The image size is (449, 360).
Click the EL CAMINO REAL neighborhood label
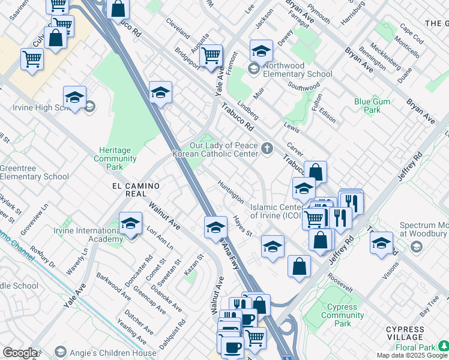pyautogui.click(x=130, y=190)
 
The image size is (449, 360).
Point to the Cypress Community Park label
pyautogui.click(x=343, y=315)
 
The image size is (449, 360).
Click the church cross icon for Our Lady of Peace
pyautogui.click(x=267, y=148)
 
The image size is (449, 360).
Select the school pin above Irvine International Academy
pyautogui.click(x=130, y=224)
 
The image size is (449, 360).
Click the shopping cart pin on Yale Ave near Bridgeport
pyautogui.click(x=211, y=56)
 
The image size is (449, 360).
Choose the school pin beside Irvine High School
pyautogui.click(x=74, y=98)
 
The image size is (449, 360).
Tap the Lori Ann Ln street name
pyautogui.click(x=160, y=238)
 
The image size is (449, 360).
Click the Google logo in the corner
pyautogui.click(x=20, y=353)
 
